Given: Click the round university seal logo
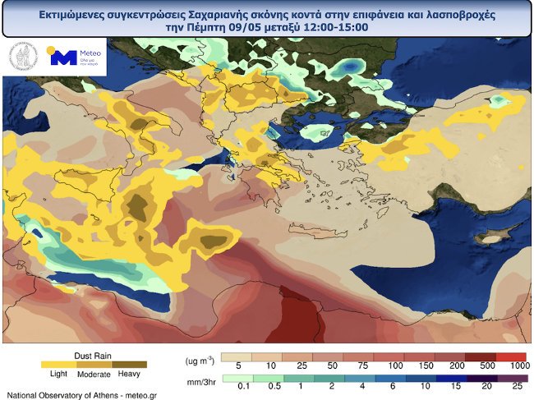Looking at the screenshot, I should pos(23,57).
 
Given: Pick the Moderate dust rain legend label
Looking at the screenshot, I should pos(94,374).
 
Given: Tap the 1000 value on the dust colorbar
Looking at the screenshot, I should pos(518,366).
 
